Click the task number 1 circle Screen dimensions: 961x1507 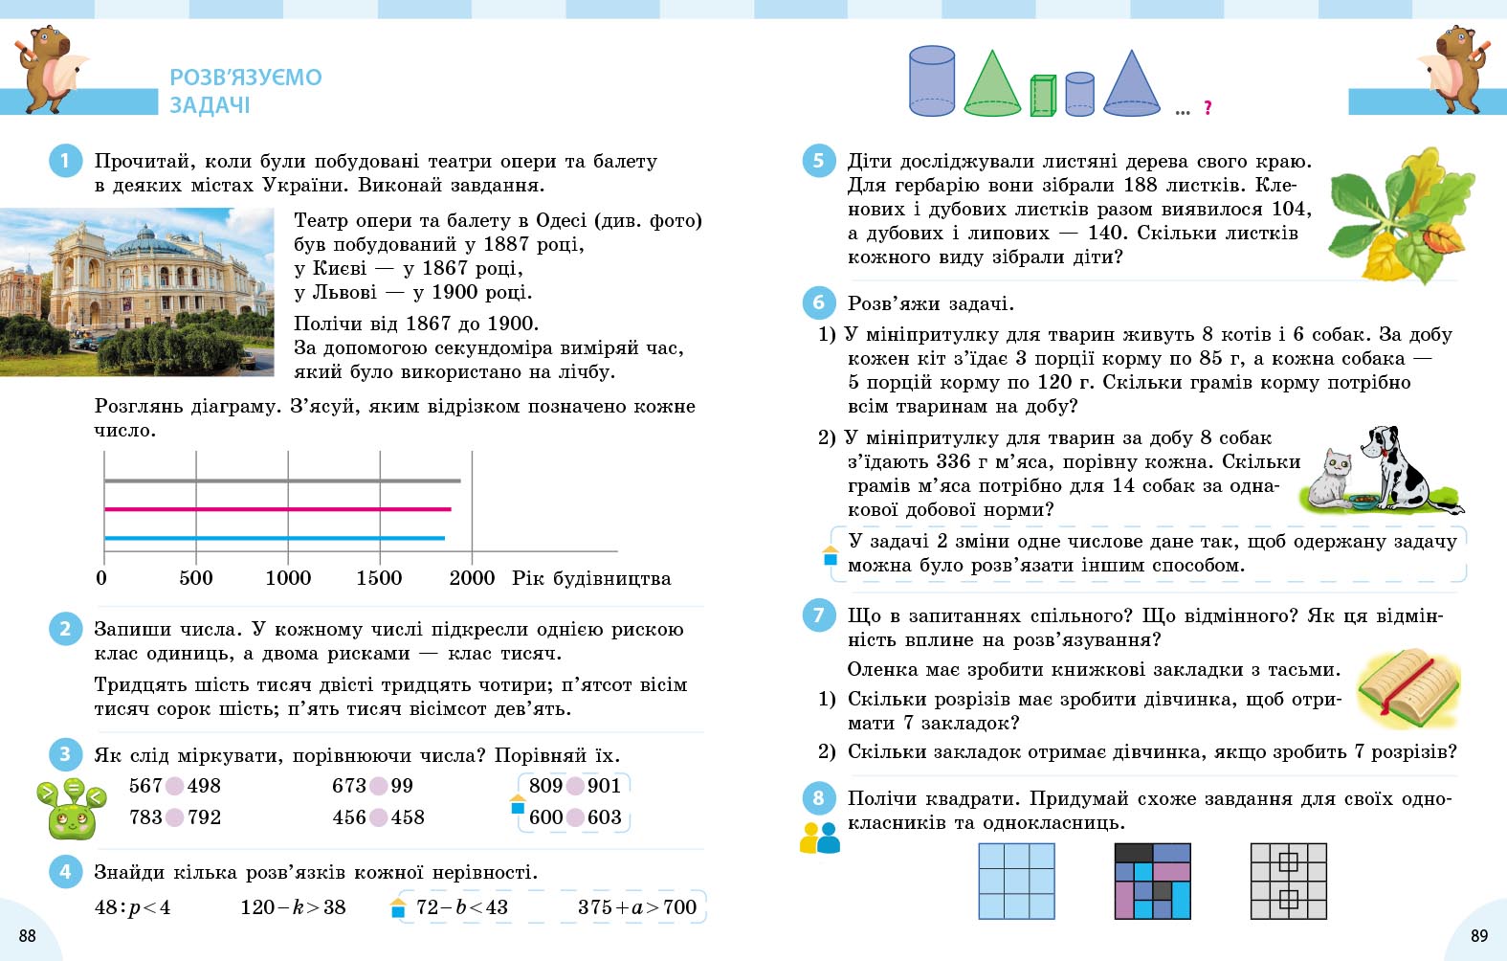[64, 161]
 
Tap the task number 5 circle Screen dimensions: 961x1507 [818, 161]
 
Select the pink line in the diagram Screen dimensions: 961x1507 [277, 509]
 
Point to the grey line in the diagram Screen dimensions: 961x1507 [282, 480]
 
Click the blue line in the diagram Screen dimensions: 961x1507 [275, 538]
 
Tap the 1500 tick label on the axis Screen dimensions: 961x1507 [379, 578]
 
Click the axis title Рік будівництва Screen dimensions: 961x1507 [591, 578]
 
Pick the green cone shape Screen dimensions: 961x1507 [992, 84]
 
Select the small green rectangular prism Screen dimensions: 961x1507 [1042, 96]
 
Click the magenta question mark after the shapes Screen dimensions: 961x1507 [1208, 108]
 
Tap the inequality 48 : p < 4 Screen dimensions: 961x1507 [132, 907]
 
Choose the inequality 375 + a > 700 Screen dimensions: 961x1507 [637, 907]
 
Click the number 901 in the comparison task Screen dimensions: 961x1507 [604, 786]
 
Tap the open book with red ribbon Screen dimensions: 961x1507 [1409, 685]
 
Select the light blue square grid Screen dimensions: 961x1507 [1016, 881]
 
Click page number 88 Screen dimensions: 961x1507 [28, 935]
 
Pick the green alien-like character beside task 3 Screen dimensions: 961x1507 [70, 809]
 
